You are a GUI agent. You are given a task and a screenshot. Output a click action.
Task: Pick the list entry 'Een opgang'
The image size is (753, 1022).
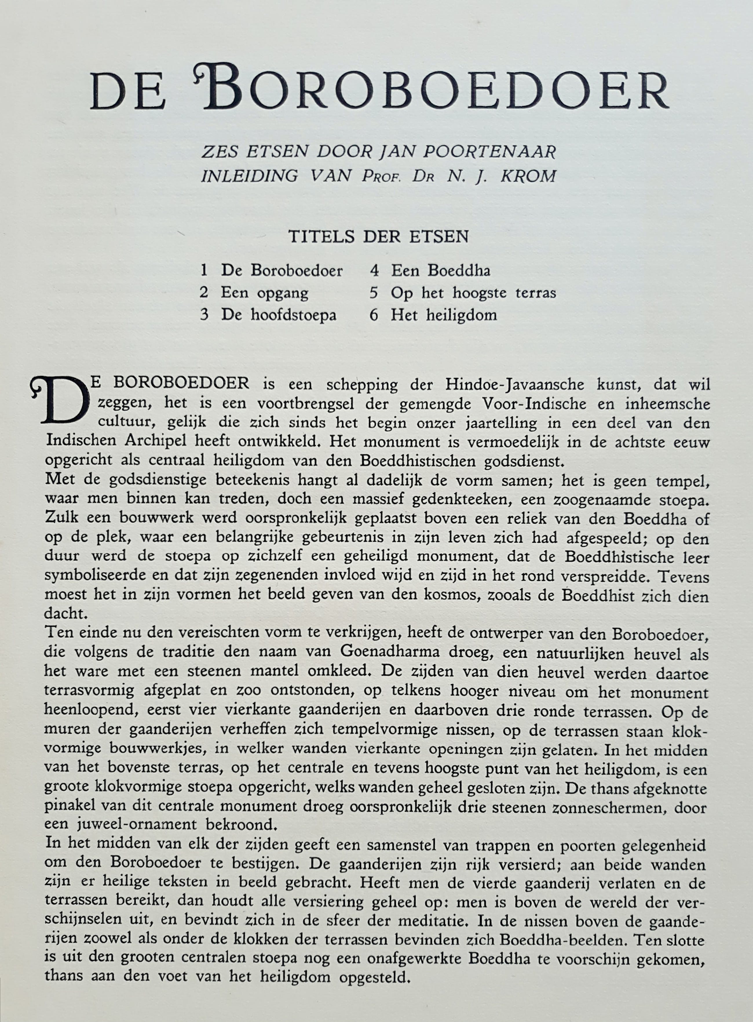click(x=264, y=293)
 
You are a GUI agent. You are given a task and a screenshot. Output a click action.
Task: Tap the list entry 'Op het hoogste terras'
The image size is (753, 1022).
click(x=473, y=293)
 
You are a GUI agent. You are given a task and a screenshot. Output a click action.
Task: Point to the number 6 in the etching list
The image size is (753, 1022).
click(x=374, y=315)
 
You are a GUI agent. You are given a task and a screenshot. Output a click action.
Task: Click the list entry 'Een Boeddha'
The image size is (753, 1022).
click(x=440, y=271)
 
